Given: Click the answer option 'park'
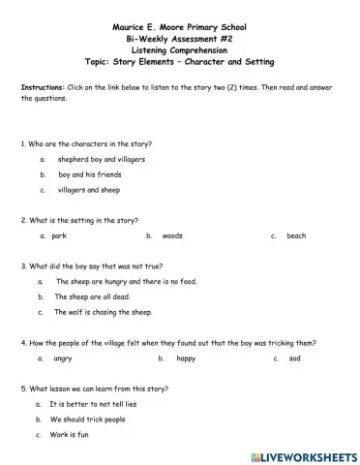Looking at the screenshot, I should point(59,235).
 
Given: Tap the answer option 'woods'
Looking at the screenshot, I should point(172,235).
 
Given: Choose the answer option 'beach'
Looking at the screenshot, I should point(296,235).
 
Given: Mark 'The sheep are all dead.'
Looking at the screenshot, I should point(92,296).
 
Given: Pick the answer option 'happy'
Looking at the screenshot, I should point(187,358).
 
